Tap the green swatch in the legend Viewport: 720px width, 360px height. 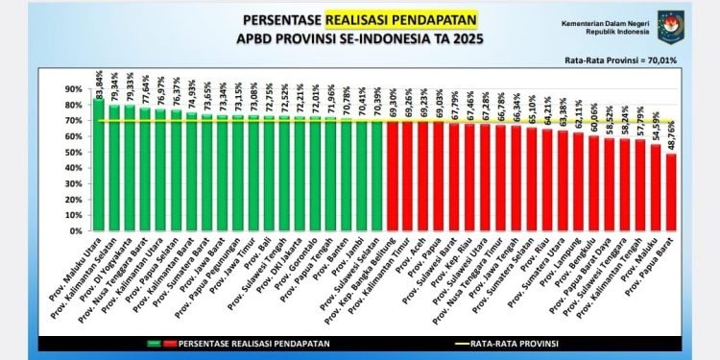(153, 342)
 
